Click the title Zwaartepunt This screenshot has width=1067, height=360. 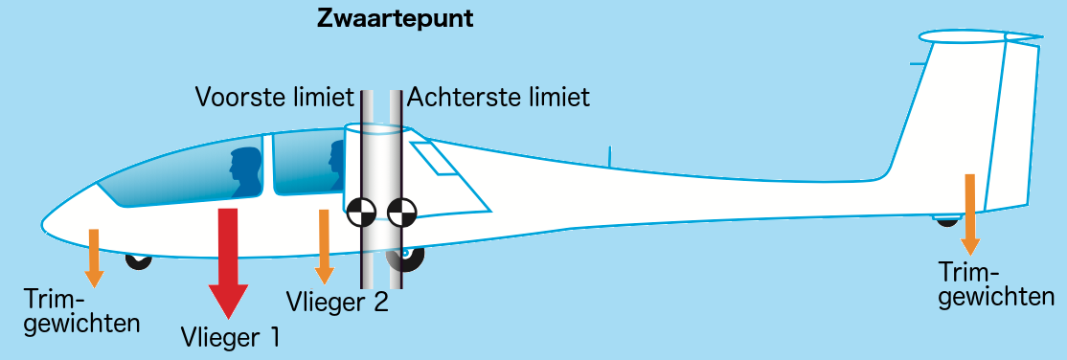point(395,19)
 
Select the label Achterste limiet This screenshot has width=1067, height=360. point(498,98)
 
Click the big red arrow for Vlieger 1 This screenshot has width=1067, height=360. point(228,263)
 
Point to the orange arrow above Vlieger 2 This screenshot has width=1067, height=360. point(325,246)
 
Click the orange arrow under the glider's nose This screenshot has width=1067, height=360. point(94,258)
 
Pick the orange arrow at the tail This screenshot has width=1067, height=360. point(969,215)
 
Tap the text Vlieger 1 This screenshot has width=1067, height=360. point(231,337)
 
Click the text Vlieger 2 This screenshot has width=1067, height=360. point(337,302)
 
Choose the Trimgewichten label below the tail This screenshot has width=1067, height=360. point(997,285)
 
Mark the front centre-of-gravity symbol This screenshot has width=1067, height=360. point(361,213)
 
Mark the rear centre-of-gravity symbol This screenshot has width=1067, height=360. point(401,213)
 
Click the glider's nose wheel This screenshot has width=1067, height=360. point(139,260)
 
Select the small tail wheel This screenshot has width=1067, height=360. point(946,221)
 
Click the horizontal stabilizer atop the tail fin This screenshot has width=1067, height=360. point(980,36)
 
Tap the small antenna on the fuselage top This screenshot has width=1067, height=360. point(610,156)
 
